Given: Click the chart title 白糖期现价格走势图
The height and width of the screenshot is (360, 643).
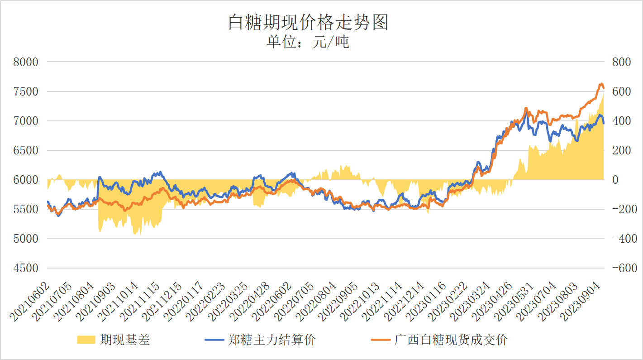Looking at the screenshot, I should click(308, 22).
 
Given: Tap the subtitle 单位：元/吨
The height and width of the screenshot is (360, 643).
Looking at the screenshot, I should click(308, 42).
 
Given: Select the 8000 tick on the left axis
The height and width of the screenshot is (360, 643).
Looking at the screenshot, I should click(26, 62).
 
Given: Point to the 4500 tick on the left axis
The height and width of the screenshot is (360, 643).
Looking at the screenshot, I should click(26, 268).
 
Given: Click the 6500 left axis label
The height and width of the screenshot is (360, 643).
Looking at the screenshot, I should click(26, 150).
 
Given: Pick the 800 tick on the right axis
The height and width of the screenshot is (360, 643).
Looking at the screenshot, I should click(621, 62).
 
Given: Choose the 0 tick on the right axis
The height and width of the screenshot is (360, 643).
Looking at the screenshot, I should click(615, 180).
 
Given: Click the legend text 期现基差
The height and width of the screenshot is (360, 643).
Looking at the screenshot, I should click(125, 340).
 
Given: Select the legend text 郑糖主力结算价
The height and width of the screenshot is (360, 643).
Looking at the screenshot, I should click(272, 340).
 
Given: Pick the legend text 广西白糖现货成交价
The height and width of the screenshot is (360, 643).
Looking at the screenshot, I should click(451, 340).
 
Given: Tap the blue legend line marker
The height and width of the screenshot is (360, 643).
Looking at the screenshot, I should click(215, 340).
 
